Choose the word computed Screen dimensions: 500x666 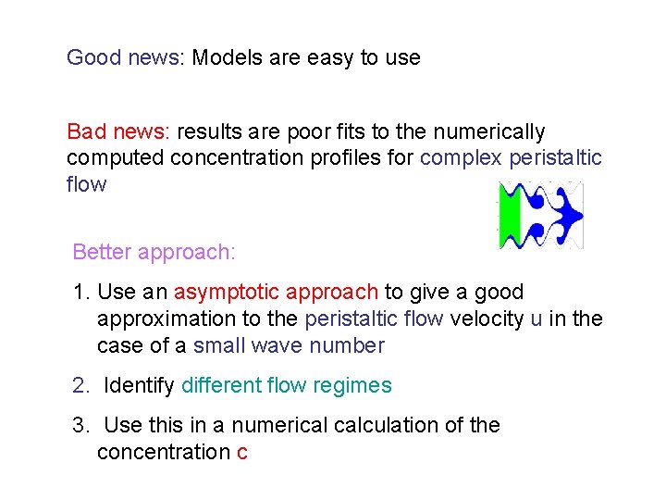(x=109, y=157)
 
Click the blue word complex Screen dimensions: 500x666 (x=460, y=157)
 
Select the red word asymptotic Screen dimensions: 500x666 (x=226, y=293)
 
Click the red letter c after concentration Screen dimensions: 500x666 (x=242, y=453)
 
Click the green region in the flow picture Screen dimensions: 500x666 (x=510, y=216)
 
